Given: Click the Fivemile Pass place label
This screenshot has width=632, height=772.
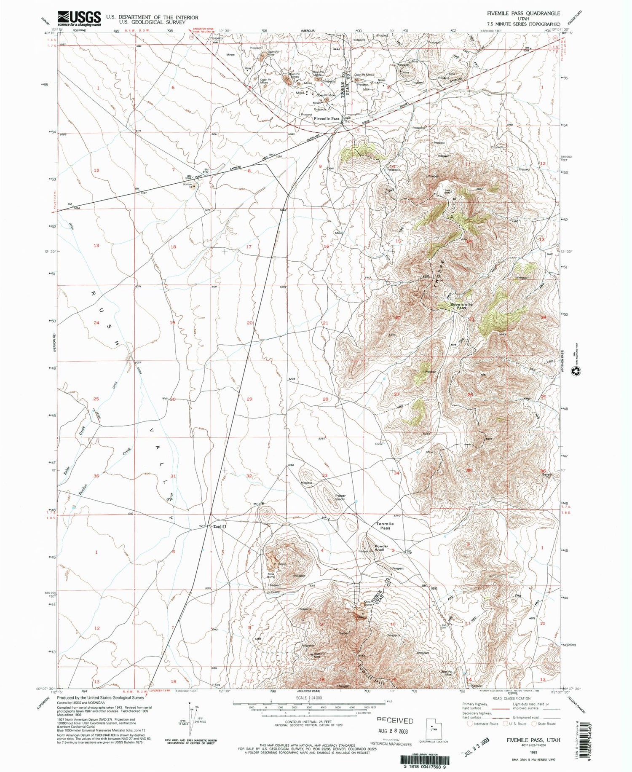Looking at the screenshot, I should (x=326, y=119).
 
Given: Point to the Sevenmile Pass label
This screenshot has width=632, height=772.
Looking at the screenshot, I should (x=461, y=306).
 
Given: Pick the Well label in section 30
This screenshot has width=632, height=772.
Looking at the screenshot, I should (x=165, y=399).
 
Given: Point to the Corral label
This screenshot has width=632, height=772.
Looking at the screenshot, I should (x=378, y=443).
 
